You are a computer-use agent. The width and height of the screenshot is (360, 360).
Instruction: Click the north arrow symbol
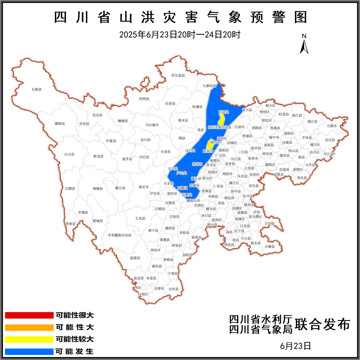pos(304,45)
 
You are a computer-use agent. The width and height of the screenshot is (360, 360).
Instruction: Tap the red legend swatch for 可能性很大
pos(29,315)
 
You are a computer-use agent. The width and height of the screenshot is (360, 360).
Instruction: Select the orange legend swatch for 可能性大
pos(29,327)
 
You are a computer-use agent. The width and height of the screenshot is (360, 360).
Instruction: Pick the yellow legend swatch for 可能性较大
pos(29,339)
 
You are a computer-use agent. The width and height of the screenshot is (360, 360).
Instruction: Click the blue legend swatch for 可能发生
pos(29,351)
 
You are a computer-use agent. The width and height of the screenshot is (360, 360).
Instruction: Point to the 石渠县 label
pos(37,89)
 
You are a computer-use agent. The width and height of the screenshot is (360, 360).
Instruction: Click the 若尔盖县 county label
pos(178,75)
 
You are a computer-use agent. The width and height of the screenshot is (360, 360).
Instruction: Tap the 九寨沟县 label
pos(209,86)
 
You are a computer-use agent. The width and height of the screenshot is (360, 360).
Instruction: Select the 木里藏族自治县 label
pos(120,235)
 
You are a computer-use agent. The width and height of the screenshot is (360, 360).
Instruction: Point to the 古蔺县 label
pos(270,247)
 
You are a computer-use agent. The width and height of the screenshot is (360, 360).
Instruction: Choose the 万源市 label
pos(332,126)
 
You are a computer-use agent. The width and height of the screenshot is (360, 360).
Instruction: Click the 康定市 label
pos(144,187)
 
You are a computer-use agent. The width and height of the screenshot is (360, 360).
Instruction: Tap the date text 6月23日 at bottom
pos(296,346)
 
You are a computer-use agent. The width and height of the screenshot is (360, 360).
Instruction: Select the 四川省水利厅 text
pos(261,319)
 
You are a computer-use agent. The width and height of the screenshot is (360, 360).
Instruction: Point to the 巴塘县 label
pos(70,188)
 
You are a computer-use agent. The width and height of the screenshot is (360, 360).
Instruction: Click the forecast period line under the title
pos(180,34)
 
